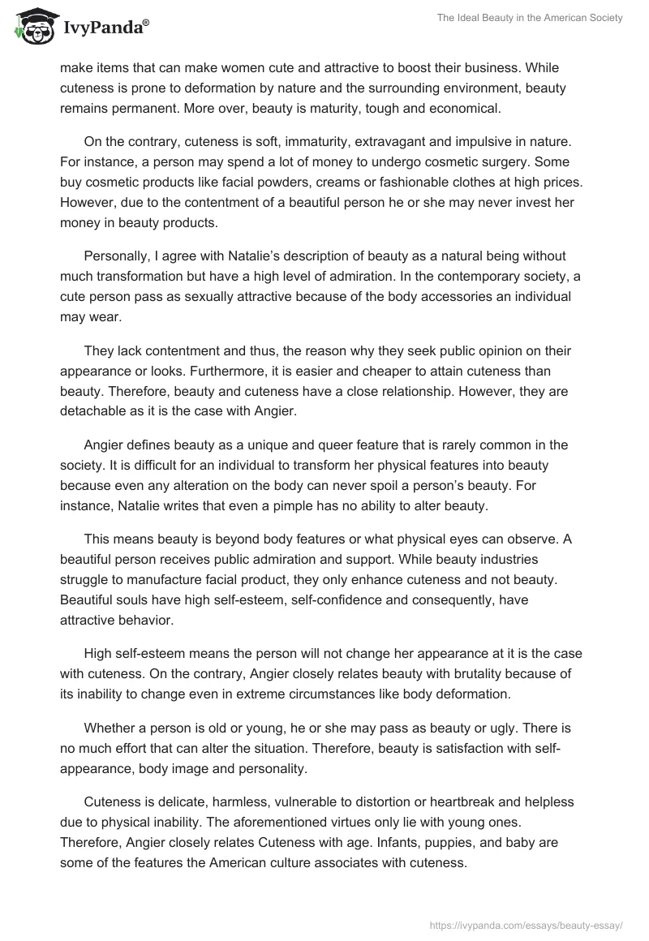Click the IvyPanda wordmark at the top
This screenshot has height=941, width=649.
point(104,28)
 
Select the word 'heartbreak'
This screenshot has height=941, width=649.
point(445,802)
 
